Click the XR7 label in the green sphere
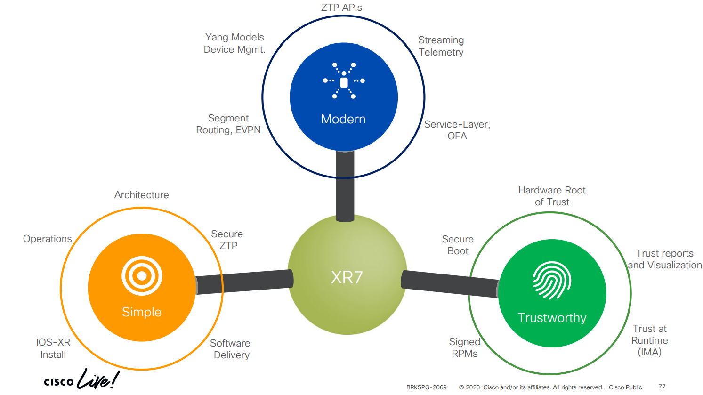[347, 277]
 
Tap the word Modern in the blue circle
[343, 119]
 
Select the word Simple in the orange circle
[142, 312]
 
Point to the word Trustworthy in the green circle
[552, 318]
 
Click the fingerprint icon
[552, 280]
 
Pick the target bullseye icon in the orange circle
[142, 276]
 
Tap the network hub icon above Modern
[344, 81]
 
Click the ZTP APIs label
[341, 8]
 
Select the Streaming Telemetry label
[441, 46]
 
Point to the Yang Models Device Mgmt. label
[234, 43]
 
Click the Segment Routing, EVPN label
[228, 124]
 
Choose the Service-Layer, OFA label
[457, 130]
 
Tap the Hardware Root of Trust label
[552, 196]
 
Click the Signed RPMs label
[465, 347]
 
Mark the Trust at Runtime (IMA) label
[650, 340]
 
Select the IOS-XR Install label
[53, 348]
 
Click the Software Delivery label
[230, 349]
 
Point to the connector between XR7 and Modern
[345, 186]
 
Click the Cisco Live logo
[81, 379]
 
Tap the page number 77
[662, 387]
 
